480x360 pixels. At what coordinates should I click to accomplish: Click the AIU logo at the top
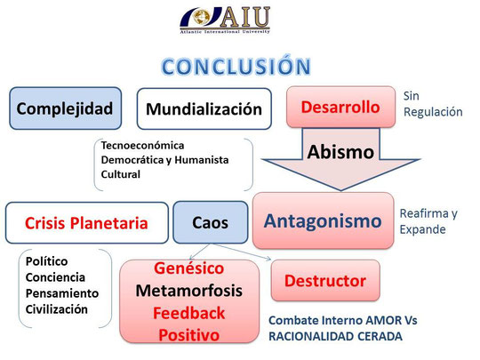coord(225,20)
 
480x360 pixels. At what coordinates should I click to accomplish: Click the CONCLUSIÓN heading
coord(236,66)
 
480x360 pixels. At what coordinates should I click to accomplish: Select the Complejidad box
coord(65,108)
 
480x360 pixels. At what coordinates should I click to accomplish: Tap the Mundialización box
coord(204,108)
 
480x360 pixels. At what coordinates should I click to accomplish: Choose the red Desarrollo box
coord(340,107)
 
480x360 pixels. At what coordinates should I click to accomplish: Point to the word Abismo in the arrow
coord(340,152)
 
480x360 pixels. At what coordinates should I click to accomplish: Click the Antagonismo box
coord(323,220)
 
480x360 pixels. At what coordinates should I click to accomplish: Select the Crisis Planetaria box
coord(86,223)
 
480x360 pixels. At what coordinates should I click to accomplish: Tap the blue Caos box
coord(211,222)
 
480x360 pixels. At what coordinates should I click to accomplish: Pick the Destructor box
coord(325,280)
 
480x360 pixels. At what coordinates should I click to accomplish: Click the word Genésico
coord(188,268)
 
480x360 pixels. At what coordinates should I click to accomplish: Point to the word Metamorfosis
coord(188,291)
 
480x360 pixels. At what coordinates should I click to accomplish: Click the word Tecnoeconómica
coord(142,146)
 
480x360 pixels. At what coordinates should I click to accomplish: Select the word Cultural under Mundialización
coord(121,174)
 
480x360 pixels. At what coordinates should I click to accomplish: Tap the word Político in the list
coord(46,261)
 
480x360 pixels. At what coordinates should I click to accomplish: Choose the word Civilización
coord(57,309)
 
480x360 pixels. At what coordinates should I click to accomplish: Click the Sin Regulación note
coord(433,104)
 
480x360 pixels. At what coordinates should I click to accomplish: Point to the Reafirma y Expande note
coord(428,221)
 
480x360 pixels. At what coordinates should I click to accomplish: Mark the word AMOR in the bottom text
coord(384,321)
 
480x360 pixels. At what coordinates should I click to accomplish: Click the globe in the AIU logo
coord(201,17)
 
